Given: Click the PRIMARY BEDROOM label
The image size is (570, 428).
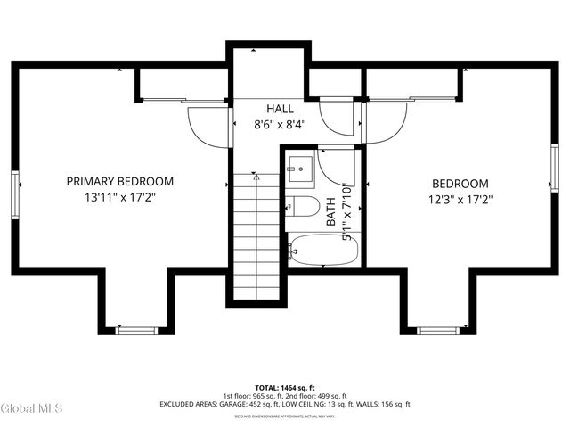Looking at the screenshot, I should tap(120, 181).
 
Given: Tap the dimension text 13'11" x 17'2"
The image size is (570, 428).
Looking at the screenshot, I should tap(120, 198).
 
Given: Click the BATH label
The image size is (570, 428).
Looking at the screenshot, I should tap(330, 210).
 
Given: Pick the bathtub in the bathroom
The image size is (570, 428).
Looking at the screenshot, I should tap(322, 250).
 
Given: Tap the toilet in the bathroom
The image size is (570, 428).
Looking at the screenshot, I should tap(303, 207).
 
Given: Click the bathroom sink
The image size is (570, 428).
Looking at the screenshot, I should tap(299, 166).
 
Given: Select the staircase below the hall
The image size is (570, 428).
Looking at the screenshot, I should tap(256, 236).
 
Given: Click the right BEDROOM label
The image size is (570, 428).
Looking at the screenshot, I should tap(460, 183).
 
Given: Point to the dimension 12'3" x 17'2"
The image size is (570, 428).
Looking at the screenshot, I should tap(460, 199).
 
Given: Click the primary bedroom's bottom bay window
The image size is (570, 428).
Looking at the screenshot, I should tap(136, 331).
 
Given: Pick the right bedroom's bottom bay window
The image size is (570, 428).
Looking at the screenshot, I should tap(438, 331).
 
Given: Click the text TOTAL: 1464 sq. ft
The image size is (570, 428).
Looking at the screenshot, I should tap(285, 387).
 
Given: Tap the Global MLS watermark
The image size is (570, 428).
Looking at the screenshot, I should tap(31, 408).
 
